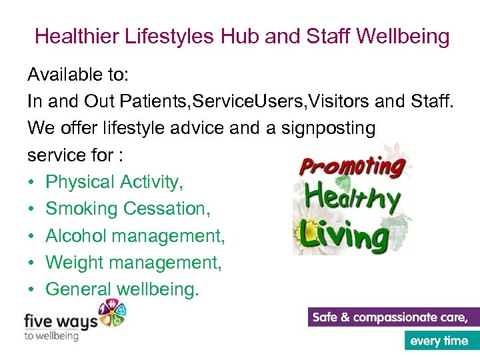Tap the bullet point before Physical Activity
coord(31,182)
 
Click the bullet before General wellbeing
coord(31,290)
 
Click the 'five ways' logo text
coord(60,321)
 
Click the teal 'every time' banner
coord(439,341)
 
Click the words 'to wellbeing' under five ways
coord(51,335)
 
